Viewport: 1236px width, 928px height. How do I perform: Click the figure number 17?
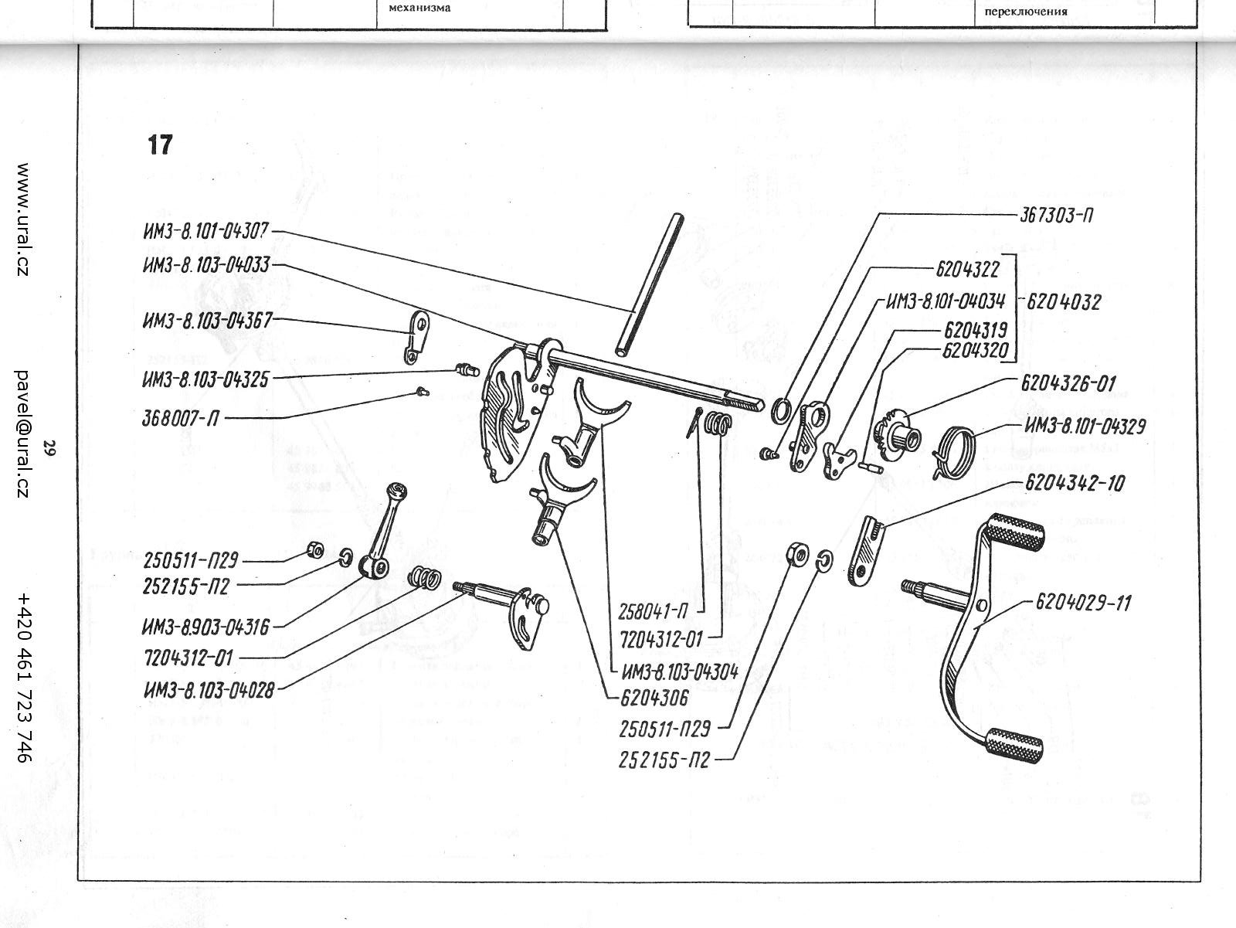coord(160,144)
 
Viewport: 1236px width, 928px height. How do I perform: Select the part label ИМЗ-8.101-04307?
coord(204,231)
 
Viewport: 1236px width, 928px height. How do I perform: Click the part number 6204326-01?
coord(1068,383)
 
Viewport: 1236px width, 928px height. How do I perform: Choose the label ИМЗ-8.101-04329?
coord(1085,427)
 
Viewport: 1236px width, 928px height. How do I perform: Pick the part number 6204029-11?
coord(1083,601)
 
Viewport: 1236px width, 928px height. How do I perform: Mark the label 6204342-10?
coord(1075,484)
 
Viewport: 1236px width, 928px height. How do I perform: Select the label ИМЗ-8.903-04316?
coord(206,627)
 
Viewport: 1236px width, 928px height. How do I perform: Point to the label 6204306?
coord(654,697)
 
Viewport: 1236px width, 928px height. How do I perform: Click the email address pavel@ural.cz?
coord(23,432)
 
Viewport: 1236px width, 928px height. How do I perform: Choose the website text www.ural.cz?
coord(23,220)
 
